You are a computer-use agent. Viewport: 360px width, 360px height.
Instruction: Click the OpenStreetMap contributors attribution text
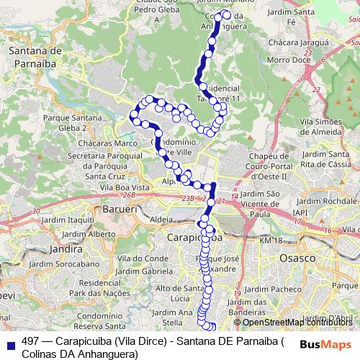(298, 322)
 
